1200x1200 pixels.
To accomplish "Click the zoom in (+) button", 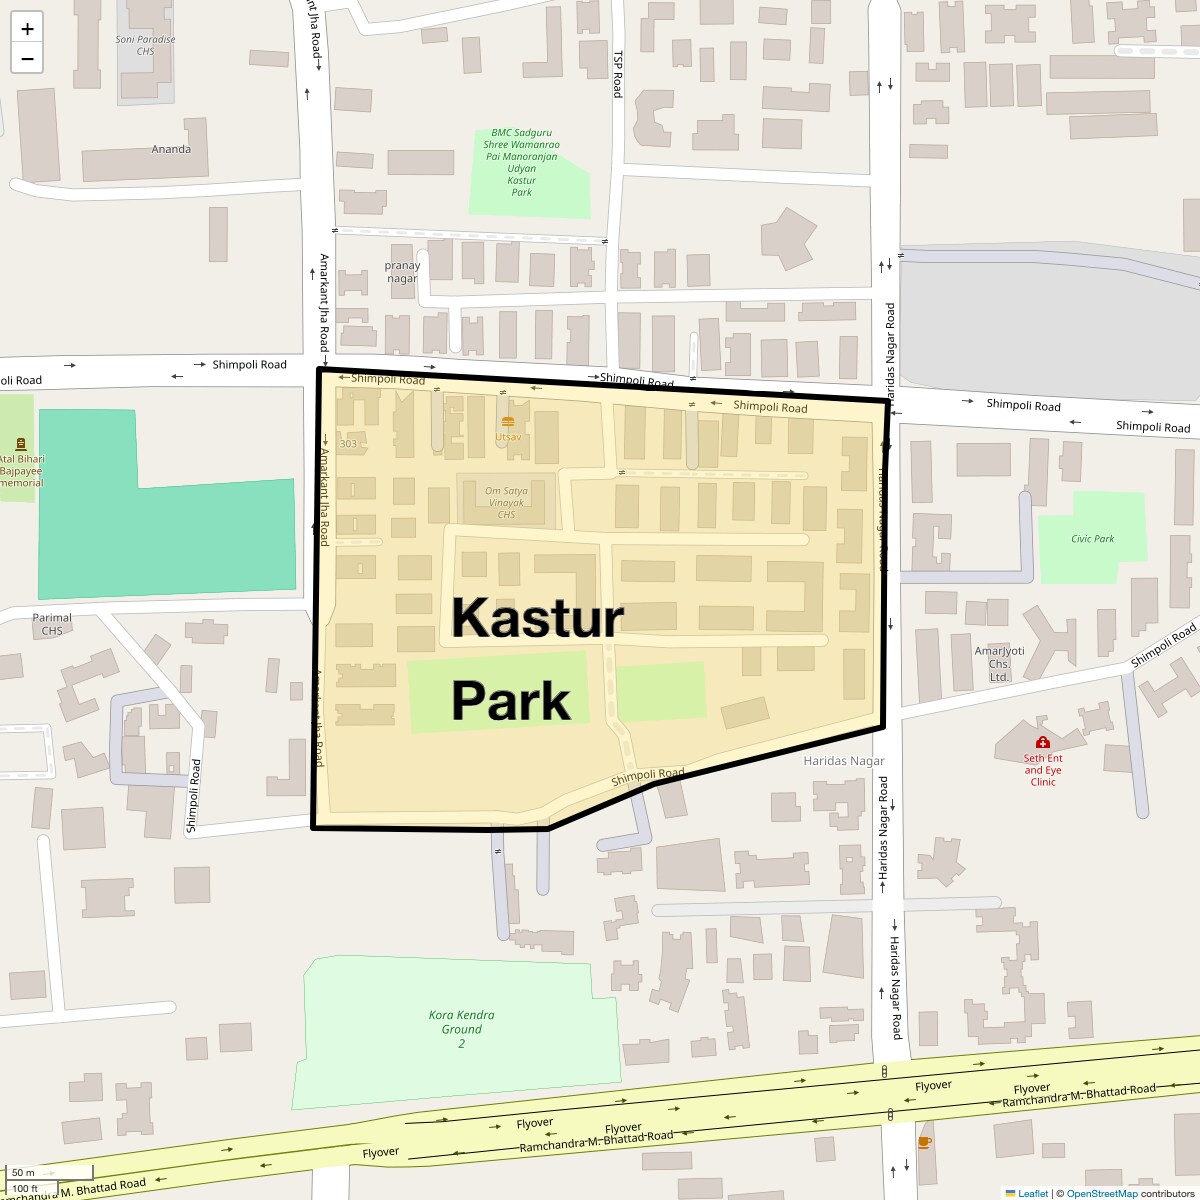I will click(27, 28).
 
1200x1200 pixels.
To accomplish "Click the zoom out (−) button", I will click(27, 59).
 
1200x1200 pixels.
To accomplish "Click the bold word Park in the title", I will click(510, 701).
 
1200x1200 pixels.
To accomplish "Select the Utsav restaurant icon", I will click(508, 422).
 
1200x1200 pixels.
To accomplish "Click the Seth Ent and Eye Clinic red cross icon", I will click(1042, 743).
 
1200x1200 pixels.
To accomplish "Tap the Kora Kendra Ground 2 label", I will click(461, 1029).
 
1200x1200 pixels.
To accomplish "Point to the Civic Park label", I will click(1092, 539).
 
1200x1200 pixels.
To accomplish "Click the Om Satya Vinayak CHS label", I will click(506, 503).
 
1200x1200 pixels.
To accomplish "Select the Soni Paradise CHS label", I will click(145, 45).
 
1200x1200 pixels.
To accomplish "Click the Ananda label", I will click(171, 149).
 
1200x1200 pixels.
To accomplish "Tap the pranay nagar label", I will click(402, 272).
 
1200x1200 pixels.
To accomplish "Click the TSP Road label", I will click(618, 74).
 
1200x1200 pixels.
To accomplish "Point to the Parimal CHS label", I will click(52, 624).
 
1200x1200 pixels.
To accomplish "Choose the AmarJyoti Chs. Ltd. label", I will click(999, 663).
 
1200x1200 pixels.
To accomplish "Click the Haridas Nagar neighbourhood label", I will click(844, 761).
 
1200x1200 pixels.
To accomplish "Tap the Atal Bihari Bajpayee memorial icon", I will click(20, 444).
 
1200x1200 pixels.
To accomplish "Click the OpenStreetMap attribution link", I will click(1101, 1193).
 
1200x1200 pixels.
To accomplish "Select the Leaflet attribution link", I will click(1032, 1193).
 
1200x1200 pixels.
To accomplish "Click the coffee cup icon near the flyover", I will click(924, 1142).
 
